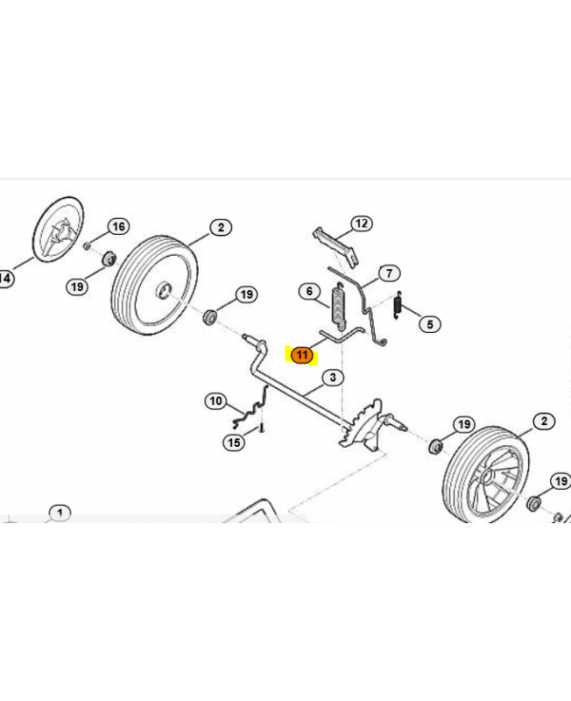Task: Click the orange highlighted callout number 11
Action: point(301,355)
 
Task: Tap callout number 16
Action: point(118,227)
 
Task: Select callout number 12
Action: point(362,223)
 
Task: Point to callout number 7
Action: point(389,273)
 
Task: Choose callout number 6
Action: point(310,292)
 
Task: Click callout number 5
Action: point(430,324)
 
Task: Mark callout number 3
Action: point(333,378)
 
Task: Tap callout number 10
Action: point(215,400)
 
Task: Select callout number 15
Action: point(234,443)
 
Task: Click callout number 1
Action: point(60,513)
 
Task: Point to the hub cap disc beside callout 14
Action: point(59,230)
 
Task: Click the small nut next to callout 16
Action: point(87,245)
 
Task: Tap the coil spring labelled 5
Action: point(398,305)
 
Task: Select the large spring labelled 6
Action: point(340,306)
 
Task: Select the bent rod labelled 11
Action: point(341,336)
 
